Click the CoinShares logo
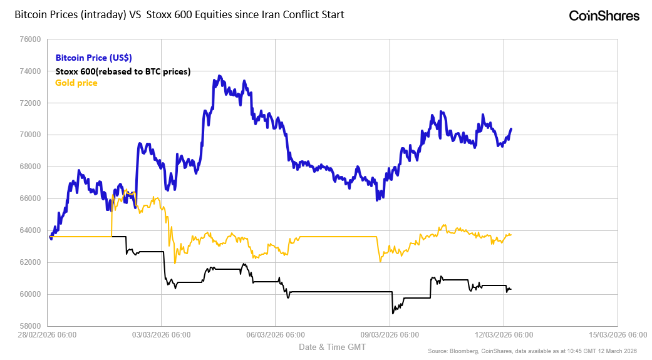(x=604, y=16)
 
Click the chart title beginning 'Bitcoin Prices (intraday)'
(x=179, y=14)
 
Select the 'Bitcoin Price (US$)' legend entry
(x=93, y=58)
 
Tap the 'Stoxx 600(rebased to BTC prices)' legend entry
(x=123, y=71)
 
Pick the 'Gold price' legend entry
(x=76, y=83)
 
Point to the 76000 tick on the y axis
(x=31, y=39)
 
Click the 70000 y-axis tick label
(x=31, y=135)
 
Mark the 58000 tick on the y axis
(x=31, y=326)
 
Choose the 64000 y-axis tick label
(x=31, y=230)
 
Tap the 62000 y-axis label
(x=31, y=262)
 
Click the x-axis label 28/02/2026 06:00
(x=48, y=335)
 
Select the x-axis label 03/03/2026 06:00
(x=162, y=335)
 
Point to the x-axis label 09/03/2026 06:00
(x=390, y=335)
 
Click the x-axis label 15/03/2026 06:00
(x=618, y=335)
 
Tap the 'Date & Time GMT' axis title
(x=332, y=347)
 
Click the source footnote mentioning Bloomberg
(x=532, y=351)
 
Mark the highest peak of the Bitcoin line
(x=219, y=76)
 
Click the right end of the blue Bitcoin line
(x=511, y=129)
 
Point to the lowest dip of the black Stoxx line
(x=393, y=313)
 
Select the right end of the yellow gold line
(x=510, y=235)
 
